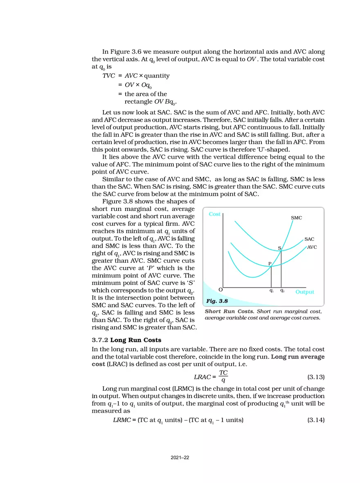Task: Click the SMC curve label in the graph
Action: [x=296, y=218]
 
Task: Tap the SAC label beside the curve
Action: [x=309, y=239]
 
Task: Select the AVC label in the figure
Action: [x=312, y=247]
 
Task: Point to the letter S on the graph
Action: [x=279, y=248]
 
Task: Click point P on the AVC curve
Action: [x=270, y=264]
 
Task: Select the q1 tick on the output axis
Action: [x=272, y=291]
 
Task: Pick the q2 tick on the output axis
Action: [x=282, y=291]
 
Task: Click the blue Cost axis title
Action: [x=214, y=214]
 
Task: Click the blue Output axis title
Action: [x=305, y=292]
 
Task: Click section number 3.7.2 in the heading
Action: [x=100, y=340]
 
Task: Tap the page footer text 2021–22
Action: [x=180, y=458]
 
